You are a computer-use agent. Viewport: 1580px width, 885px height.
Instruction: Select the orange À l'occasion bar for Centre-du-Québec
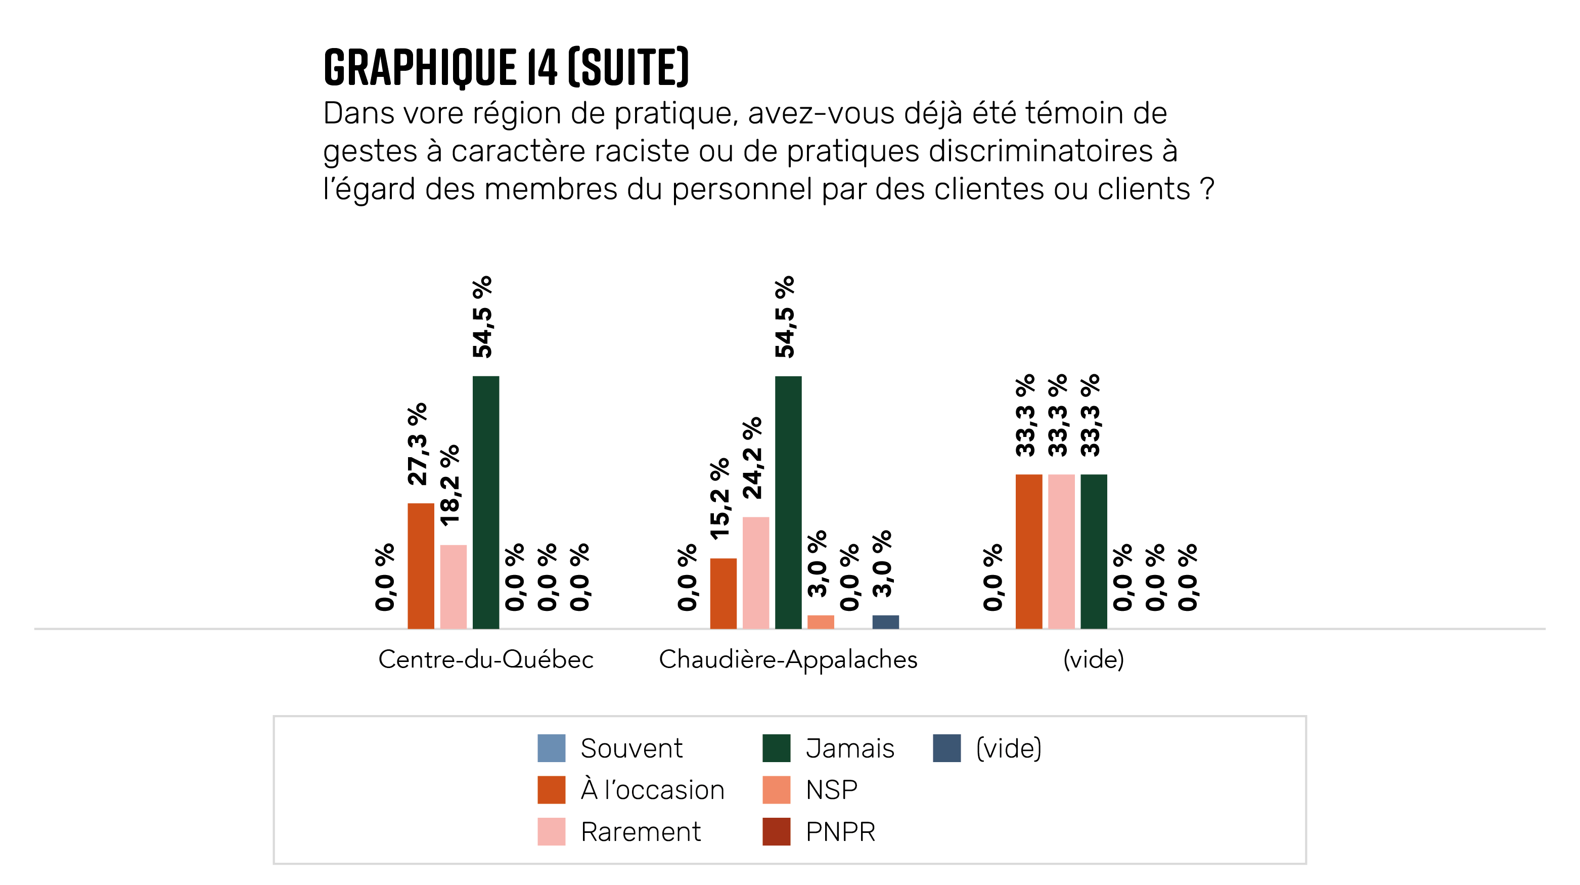(421, 565)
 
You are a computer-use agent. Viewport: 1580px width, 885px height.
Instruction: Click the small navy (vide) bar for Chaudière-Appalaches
(886, 622)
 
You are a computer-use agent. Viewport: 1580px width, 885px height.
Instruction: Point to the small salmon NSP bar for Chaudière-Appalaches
(821, 622)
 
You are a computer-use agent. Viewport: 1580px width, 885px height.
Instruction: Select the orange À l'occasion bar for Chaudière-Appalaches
(723, 593)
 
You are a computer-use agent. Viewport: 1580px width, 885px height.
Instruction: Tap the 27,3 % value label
(418, 444)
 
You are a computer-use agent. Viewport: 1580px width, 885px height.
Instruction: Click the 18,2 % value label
(450, 485)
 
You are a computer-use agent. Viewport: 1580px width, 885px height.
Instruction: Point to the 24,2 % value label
(752, 458)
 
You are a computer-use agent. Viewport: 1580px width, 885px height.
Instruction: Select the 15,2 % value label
(720, 499)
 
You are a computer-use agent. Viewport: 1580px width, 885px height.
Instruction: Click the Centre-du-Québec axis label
(486, 659)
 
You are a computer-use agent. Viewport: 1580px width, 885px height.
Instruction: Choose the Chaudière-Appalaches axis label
(788, 659)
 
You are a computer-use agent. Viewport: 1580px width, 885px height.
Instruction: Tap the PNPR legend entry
(840, 831)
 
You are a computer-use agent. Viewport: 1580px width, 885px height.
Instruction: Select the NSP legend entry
(831, 790)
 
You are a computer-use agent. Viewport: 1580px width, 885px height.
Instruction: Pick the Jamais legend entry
(849, 748)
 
